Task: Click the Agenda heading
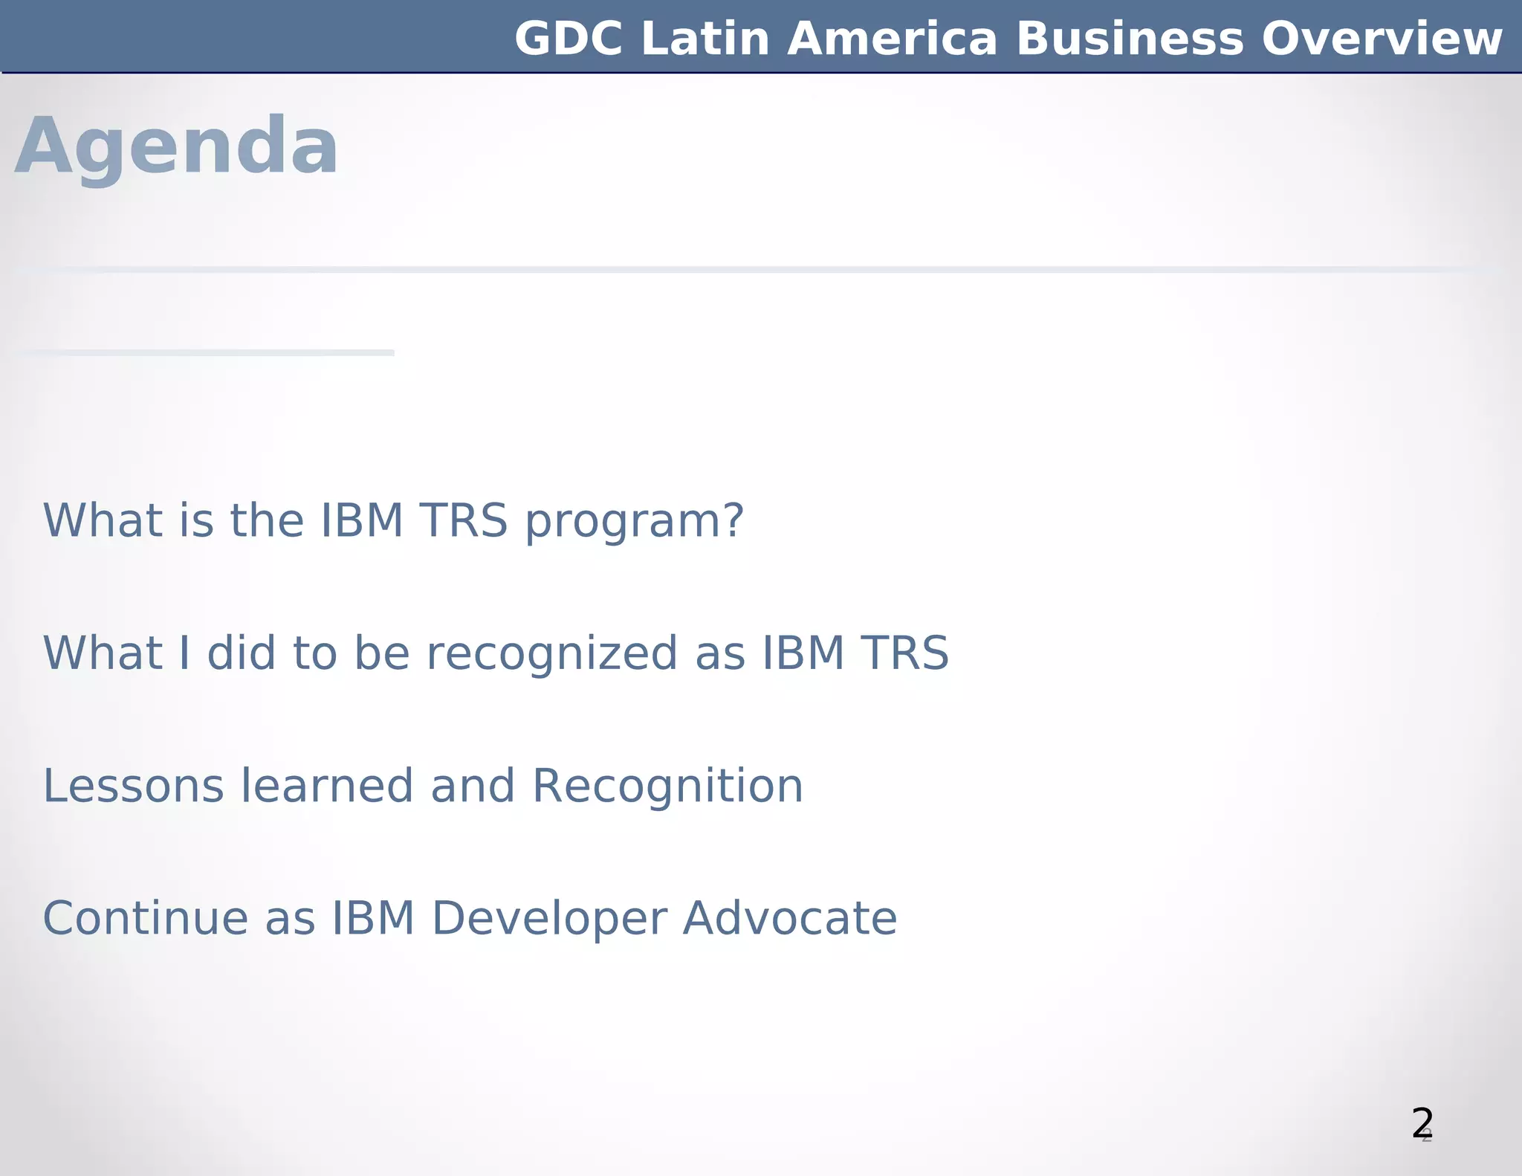[176, 146]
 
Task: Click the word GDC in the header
[569, 39]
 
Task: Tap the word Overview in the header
[1382, 39]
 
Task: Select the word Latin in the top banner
[705, 39]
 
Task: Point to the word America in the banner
[892, 39]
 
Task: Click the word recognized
[551, 653]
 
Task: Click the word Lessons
[133, 786]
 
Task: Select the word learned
[326, 786]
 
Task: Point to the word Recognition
[667, 786]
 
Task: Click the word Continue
[146, 919]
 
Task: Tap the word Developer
[548, 919]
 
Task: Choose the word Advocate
[790, 919]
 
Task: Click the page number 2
[1422, 1123]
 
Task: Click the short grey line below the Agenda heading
[204, 352]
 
